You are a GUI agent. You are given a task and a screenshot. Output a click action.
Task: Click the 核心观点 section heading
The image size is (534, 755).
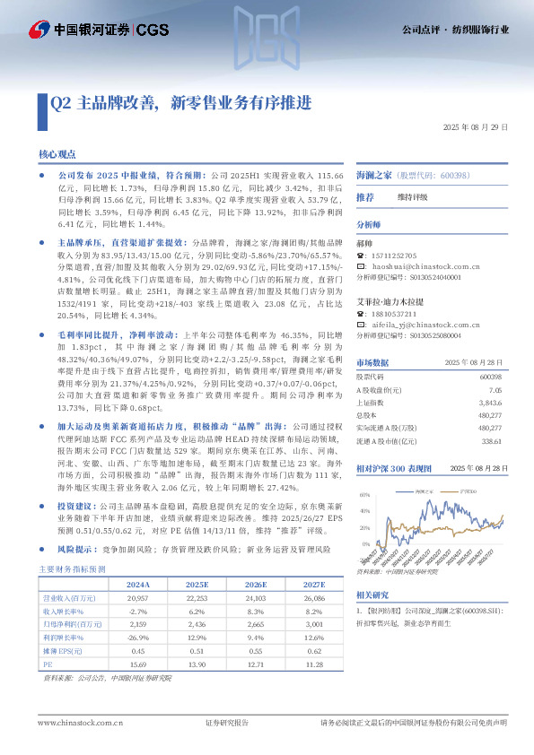coord(57,155)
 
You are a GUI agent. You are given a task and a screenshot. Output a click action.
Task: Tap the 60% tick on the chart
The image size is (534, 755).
coord(365,495)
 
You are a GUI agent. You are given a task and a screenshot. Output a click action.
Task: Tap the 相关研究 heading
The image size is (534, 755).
coord(372,594)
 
